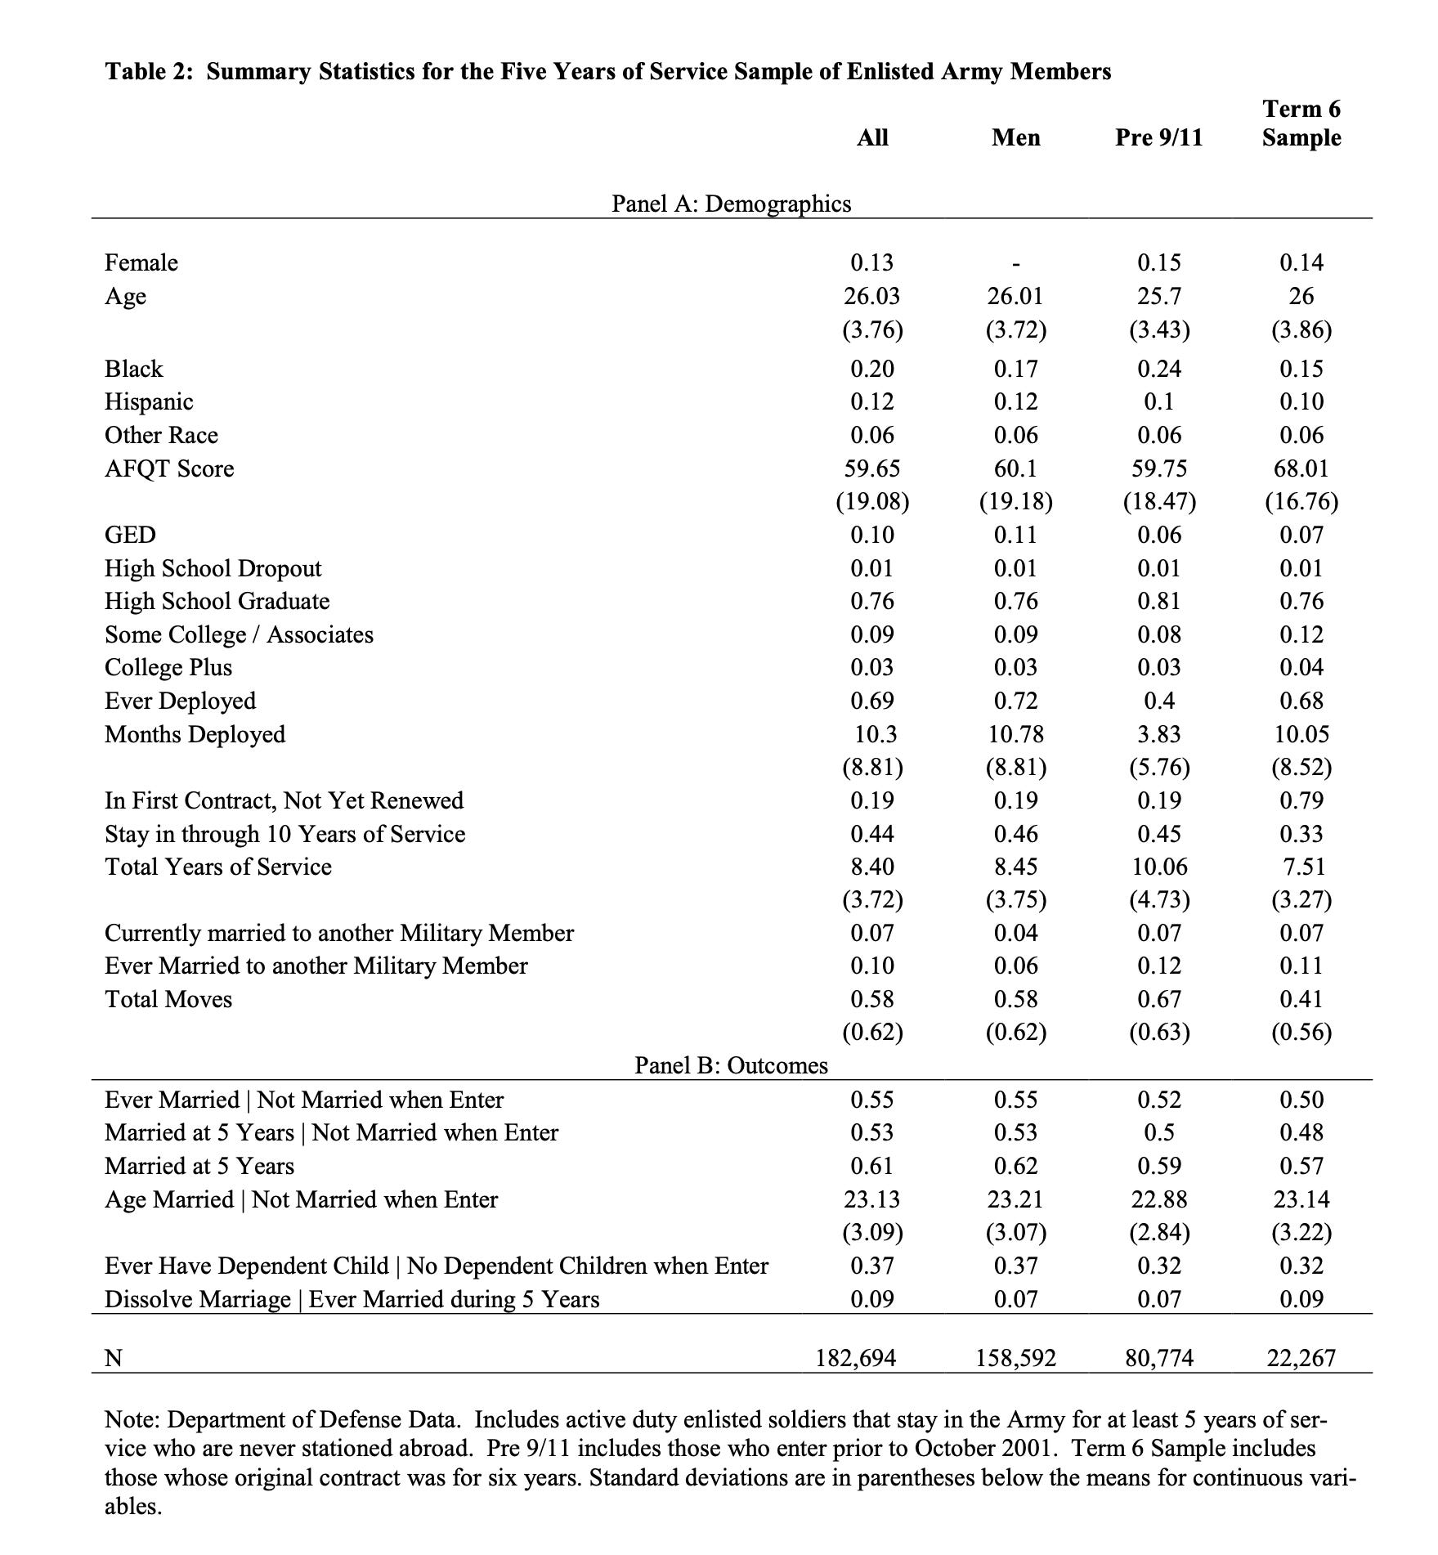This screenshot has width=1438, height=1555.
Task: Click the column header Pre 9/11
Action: point(1158,137)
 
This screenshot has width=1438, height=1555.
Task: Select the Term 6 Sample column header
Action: point(1301,123)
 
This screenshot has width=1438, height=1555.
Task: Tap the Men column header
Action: point(1015,137)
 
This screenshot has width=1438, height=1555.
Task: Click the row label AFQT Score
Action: point(169,468)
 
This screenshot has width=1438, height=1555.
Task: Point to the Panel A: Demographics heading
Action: point(731,204)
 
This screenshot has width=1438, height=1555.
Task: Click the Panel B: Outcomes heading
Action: point(731,1065)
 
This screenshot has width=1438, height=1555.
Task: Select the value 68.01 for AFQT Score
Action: point(1301,468)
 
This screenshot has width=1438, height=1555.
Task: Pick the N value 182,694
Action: point(856,1358)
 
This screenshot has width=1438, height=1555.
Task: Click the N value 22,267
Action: point(1301,1358)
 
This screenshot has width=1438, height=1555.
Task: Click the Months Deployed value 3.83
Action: point(1158,734)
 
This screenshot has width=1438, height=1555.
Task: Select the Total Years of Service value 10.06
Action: point(1158,867)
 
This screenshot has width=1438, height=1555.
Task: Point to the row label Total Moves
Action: point(168,999)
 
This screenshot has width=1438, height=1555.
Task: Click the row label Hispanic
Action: point(149,401)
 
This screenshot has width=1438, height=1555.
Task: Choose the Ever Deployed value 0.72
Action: point(1015,701)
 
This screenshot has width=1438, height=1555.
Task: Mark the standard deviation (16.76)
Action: point(1301,501)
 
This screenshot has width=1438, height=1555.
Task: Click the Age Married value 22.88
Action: point(1158,1199)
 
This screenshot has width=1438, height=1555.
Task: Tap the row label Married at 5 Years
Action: point(199,1166)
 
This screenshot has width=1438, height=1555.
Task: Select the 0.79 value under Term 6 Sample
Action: point(1301,800)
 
